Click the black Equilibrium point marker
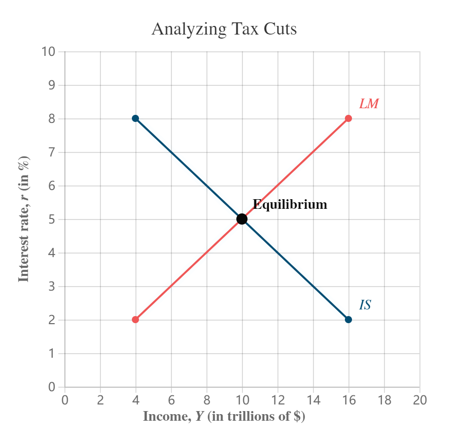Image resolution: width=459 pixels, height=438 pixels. [x=242, y=219]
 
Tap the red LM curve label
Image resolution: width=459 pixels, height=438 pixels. [x=369, y=104]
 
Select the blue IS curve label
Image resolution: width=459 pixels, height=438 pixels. [x=365, y=305]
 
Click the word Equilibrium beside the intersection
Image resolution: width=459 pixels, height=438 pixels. [x=290, y=205]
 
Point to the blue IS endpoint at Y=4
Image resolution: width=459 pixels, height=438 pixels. [x=135, y=118]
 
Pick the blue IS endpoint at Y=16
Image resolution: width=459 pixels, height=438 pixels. [x=348, y=320]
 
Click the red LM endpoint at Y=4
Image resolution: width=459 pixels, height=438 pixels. [x=135, y=320]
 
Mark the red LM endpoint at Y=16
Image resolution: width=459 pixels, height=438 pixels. [x=348, y=118]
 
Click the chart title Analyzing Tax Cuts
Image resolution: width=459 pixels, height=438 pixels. [x=224, y=29]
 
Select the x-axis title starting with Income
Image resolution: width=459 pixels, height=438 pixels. [x=224, y=417]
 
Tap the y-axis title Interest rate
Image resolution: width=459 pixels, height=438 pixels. [x=23, y=218]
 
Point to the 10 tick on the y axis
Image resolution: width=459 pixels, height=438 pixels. [x=49, y=52]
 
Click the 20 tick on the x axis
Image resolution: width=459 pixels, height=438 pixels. [x=419, y=400]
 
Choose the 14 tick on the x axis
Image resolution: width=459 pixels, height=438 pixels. [x=313, y=400]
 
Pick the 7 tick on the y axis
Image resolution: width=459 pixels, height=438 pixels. [x=52, y=152]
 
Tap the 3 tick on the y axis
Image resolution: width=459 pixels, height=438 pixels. [x=52, y=287]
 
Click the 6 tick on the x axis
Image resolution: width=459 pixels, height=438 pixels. [x=171, y=400]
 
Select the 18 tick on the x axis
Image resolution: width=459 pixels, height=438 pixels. [x=384, y=400]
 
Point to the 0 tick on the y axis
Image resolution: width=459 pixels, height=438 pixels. [x=52, y=387]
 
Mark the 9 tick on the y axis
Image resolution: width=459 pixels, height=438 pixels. [x=52, y=85]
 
